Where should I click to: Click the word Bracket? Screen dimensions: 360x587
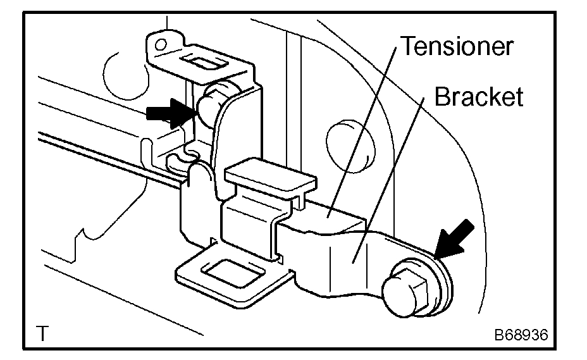tap(478, 97)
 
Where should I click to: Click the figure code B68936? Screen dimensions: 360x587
tap(521, 333)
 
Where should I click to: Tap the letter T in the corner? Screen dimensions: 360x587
tap(42, 333)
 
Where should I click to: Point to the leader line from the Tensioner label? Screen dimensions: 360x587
tap(367, 127)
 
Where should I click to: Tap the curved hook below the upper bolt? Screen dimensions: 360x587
tap(183, 161)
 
